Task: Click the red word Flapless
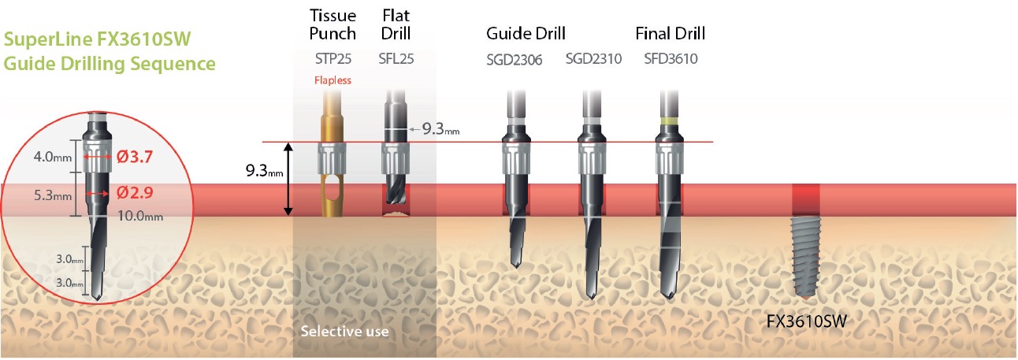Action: point(333,80)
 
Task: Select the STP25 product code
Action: point(333,58)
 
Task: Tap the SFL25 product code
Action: point(396,58)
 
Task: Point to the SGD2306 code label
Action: point(514,60)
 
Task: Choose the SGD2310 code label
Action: point(593,58)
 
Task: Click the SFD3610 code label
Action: point(671,58)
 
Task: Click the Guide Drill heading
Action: point(526,33)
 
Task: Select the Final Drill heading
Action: point(671,33)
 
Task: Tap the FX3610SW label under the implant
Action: point(806,321)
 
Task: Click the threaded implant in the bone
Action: point(806,258)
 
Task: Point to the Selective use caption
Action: point(344,331)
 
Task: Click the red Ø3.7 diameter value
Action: point(135,158)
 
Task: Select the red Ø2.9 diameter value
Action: point(135,193)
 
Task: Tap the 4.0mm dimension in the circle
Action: point(53,158)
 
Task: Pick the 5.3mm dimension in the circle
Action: point(53,195)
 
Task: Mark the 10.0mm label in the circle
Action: point(140,216)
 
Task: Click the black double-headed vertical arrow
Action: point(288,179)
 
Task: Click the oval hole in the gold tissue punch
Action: point(333,188)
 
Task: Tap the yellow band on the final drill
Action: point(669,121)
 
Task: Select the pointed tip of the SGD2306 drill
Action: point(516,266)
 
